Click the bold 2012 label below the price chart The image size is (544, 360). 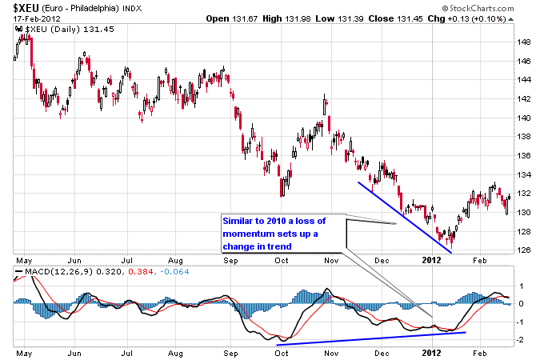[431, 261]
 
